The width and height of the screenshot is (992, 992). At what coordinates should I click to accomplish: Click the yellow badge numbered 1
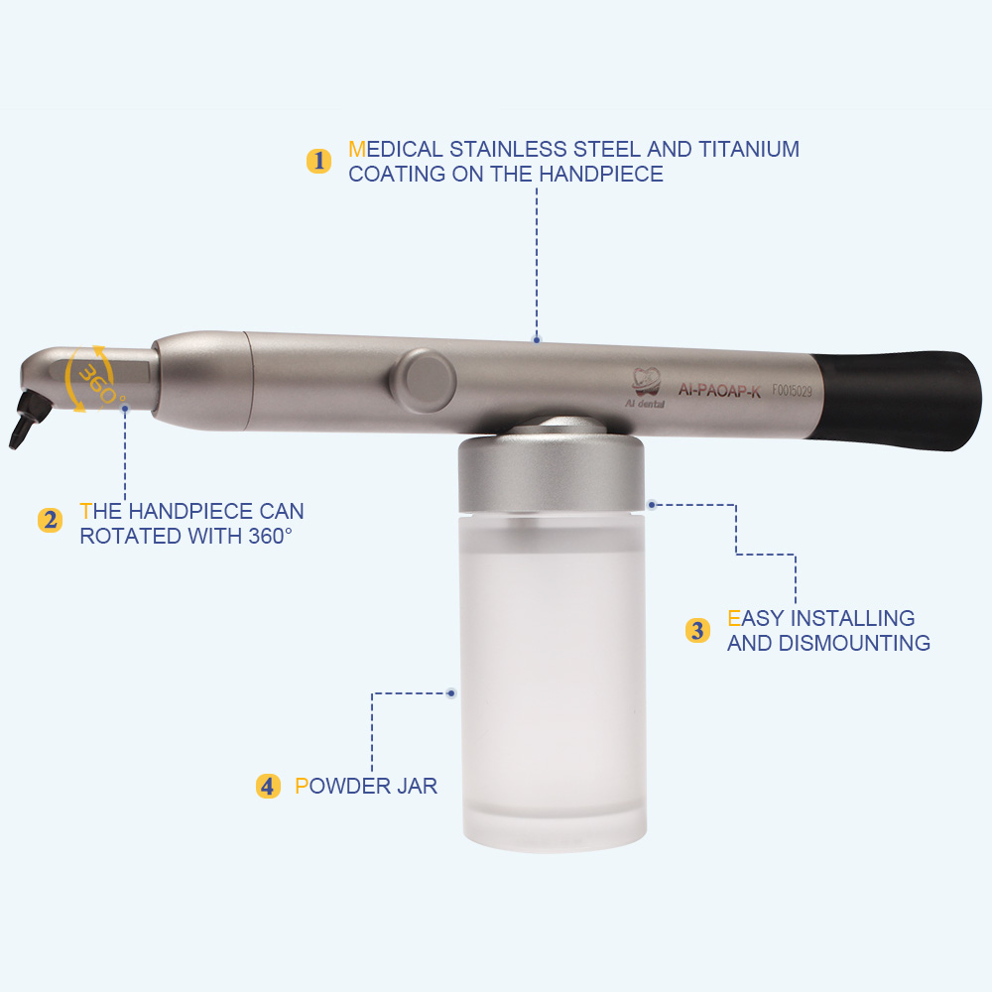click(318, 161)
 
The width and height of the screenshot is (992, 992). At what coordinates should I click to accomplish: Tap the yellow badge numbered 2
click(50, 521)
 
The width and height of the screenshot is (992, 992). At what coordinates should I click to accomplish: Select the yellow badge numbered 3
click(697, 630)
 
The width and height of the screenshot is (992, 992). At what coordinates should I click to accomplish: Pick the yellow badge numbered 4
click(268, 787)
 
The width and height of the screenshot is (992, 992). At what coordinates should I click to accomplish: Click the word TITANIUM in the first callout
click(749, 150)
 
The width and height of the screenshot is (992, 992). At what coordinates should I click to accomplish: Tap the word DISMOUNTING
click(854, 644)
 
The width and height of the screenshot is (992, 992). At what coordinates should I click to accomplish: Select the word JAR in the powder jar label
click(417, 787)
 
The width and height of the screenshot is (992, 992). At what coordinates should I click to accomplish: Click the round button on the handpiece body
click(425, 381)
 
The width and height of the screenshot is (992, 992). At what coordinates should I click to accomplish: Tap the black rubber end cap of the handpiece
click(899, 400)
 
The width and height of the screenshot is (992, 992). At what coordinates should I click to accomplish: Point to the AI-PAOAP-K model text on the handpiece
click(719, 390)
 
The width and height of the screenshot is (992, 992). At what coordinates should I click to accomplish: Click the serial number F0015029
click(792, 391)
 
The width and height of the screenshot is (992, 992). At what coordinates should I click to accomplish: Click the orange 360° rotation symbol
click(91, 380)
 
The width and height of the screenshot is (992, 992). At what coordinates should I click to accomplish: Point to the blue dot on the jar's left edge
click(451, 693)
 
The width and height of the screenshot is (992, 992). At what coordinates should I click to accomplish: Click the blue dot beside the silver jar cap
click(652, 504)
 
